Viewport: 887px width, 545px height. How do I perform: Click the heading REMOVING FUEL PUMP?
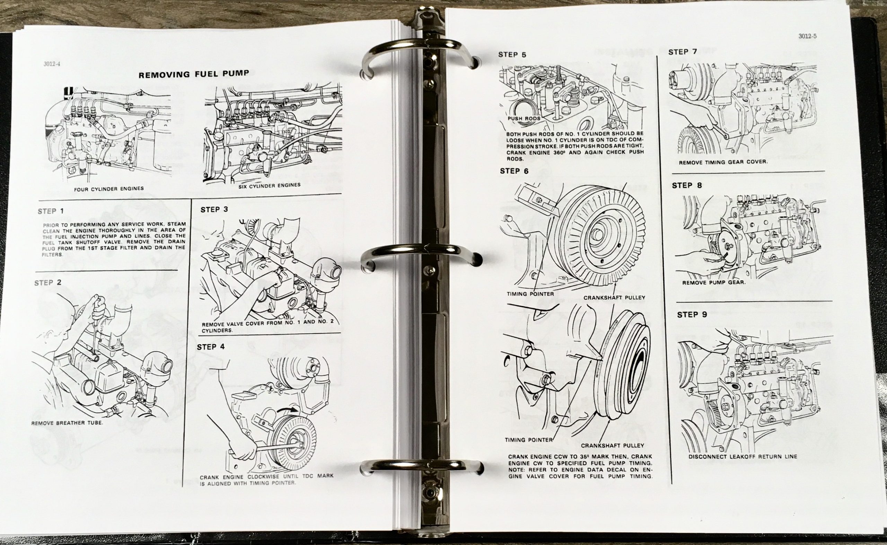tap(194, 74)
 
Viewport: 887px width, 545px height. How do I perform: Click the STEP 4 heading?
tap(211, 347)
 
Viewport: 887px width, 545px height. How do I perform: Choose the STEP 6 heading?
tap(514, 172)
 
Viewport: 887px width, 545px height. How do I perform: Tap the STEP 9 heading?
tap(692, 315)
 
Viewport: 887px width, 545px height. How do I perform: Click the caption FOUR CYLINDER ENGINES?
tap(109, 188)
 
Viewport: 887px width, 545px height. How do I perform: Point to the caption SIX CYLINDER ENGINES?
tap(269, 186)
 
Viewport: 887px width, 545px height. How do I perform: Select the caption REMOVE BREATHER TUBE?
tap(67, 423)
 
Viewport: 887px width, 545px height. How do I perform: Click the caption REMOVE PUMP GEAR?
tap(713, 283)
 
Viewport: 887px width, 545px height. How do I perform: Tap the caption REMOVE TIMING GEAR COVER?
tap(723, 162)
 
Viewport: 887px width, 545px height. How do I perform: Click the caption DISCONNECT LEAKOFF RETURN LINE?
tap(743, 456)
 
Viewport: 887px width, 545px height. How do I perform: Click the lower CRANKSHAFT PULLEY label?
tap(612, 446)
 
